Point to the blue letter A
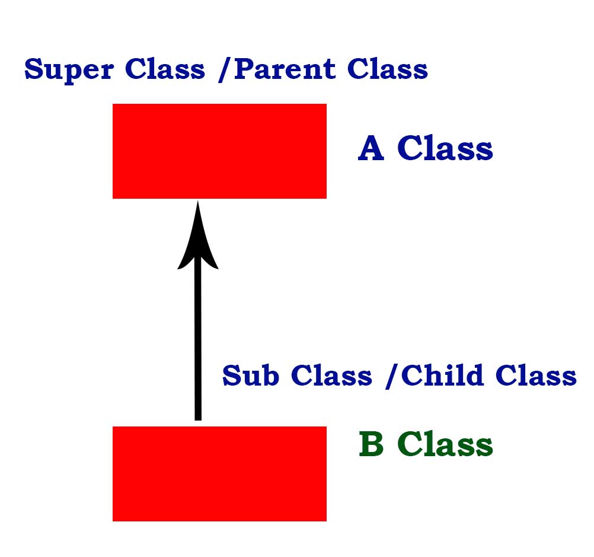[x=371, y=148]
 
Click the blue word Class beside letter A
[x=445, y=148]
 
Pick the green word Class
[x=445, y=444]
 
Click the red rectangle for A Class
[x=219, y=151]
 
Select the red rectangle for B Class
[x=219, y=473]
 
